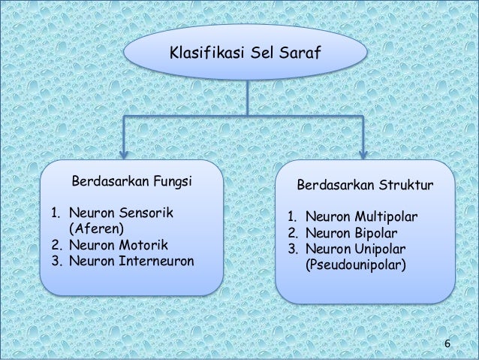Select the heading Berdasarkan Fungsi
(131, 181)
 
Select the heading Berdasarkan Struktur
(365, 184)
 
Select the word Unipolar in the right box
(381, 249)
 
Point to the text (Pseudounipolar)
(356, 265)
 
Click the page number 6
(447, 344)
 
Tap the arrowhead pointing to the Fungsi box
(125, 153)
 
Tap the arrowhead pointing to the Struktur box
(363, 153)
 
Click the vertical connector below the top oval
(247, 98)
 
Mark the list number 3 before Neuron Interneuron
(55, 262)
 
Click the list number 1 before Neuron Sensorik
(55, 213)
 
